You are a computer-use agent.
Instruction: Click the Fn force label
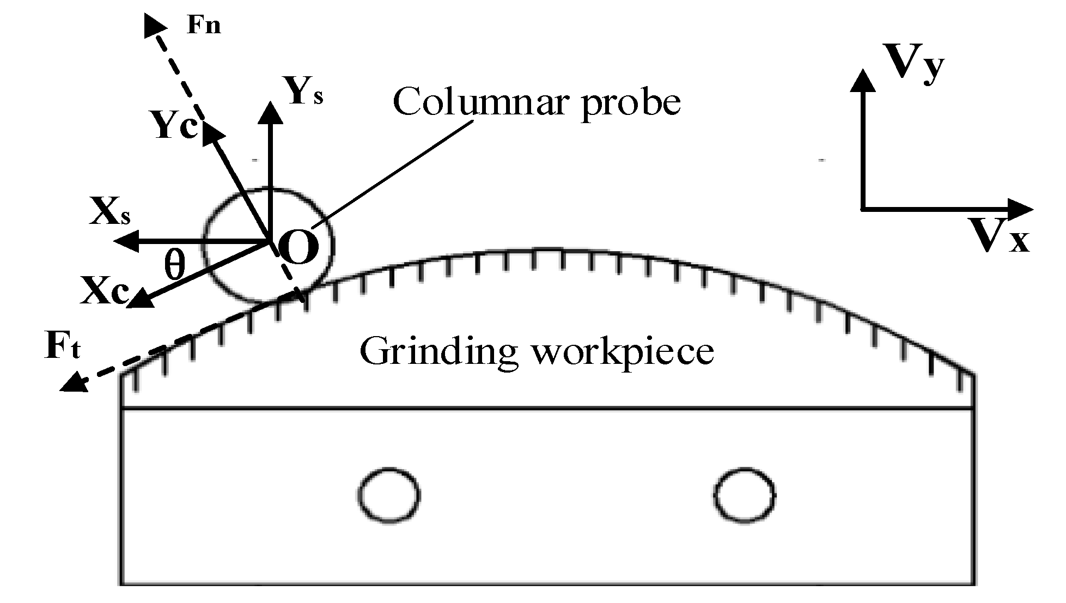[204, 26]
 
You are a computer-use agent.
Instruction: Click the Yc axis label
[174, 126]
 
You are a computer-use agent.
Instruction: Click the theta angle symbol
[175, 266]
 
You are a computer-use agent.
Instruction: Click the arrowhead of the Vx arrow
[1021, 208]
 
